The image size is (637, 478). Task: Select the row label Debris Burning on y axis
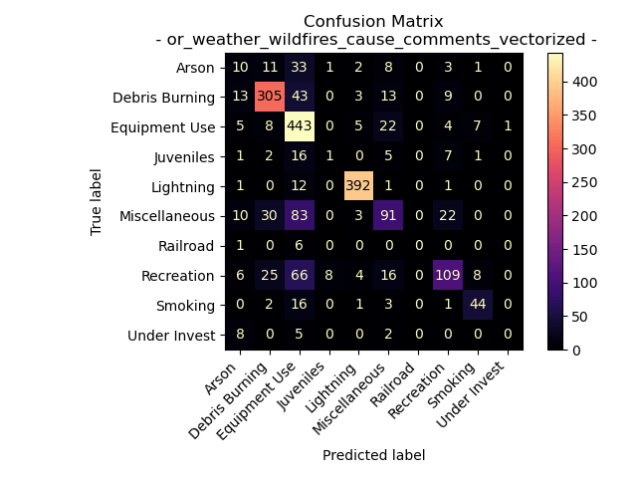tap(164, 97)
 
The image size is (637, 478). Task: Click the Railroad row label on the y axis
tap(188, 246)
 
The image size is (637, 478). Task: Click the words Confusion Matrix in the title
tap(373, 21)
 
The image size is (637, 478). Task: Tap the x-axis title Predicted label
tap(373, 455)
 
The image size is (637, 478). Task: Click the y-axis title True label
tap(97, 201)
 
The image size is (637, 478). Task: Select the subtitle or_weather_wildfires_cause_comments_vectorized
tap(376, 39)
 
